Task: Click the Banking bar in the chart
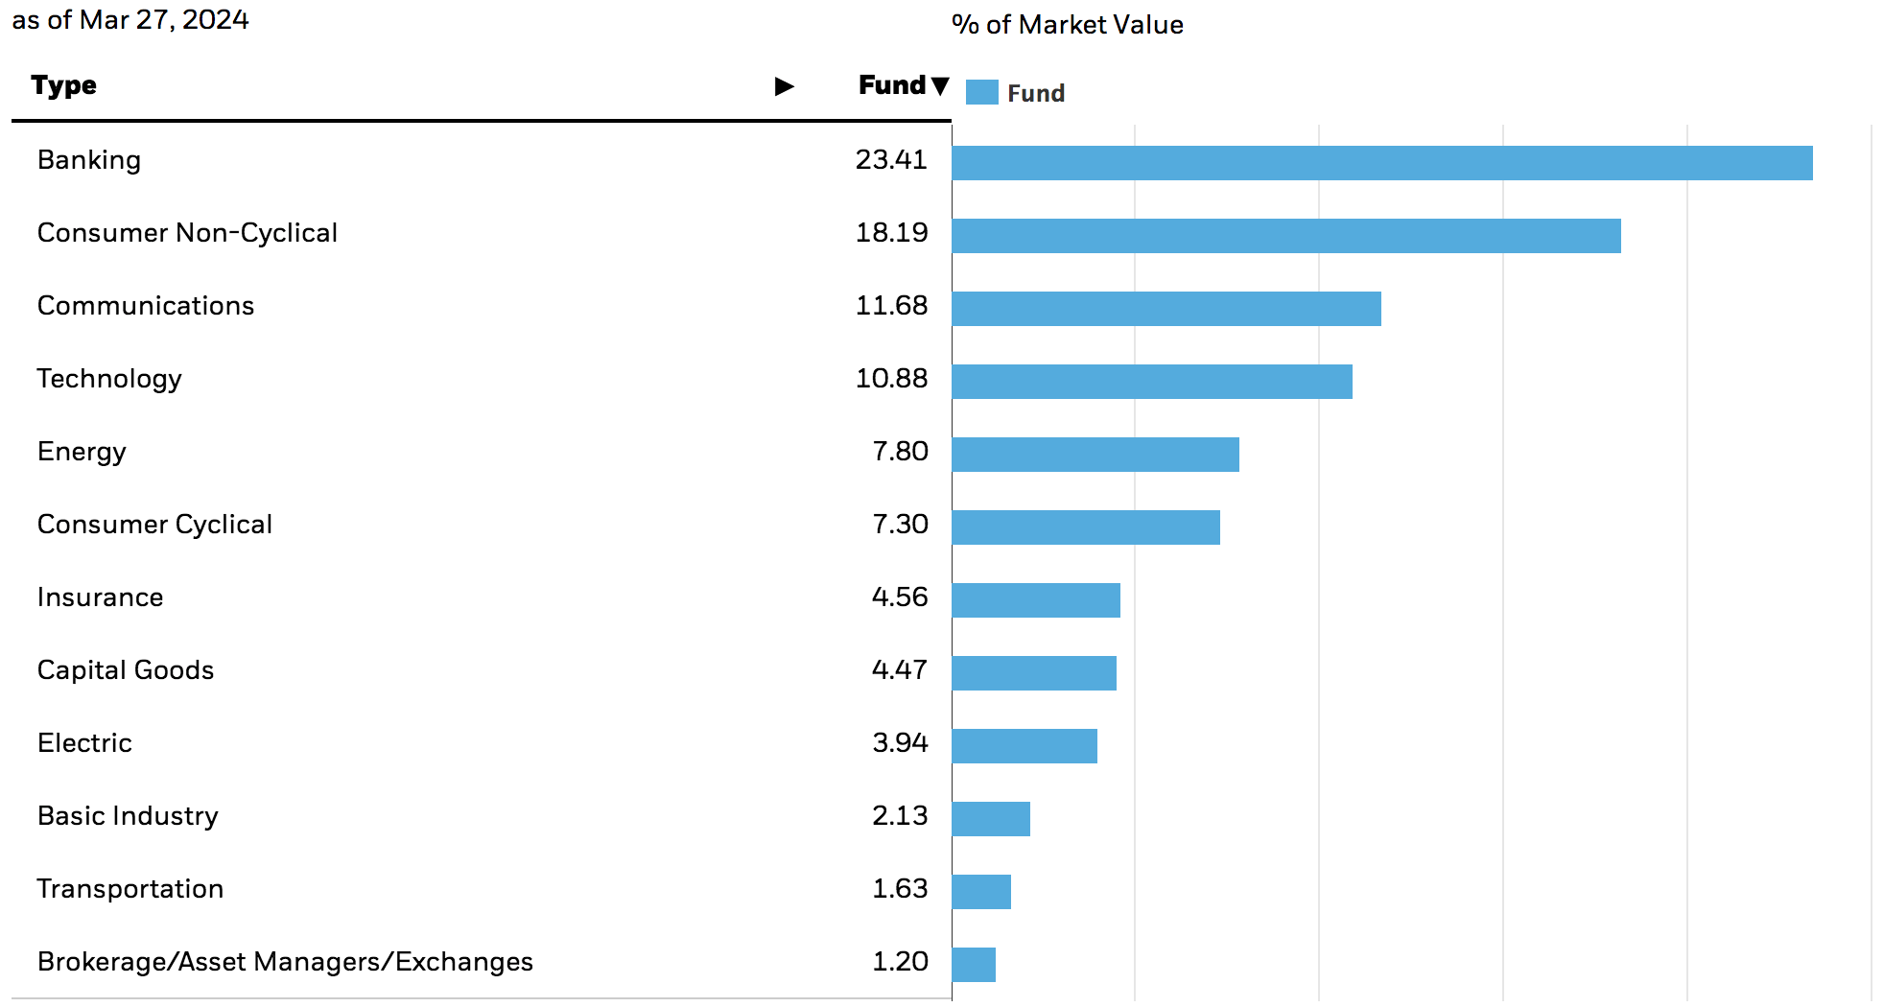coord(1381,163)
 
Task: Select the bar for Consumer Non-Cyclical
coord(1285,236)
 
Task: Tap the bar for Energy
coord(1095,455)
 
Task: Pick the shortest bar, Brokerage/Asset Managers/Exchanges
coord(974,965)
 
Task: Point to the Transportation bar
coord(981,892)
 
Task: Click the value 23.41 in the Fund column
coord(891,160)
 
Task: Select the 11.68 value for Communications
coord(891,306)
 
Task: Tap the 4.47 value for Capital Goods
coord(899,670)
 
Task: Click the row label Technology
coord(109,379)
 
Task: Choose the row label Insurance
coord(100,597)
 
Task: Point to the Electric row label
coord(84,743)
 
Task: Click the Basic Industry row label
coord(128,816)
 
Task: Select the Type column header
coord(63,85)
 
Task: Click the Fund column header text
coord(891,85)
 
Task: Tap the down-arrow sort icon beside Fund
coord(940,86)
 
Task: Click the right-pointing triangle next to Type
coord(784,86)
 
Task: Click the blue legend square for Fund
coord(981,93)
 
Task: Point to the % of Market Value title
coord(1067,25)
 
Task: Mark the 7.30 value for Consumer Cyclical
coord(900,525)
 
